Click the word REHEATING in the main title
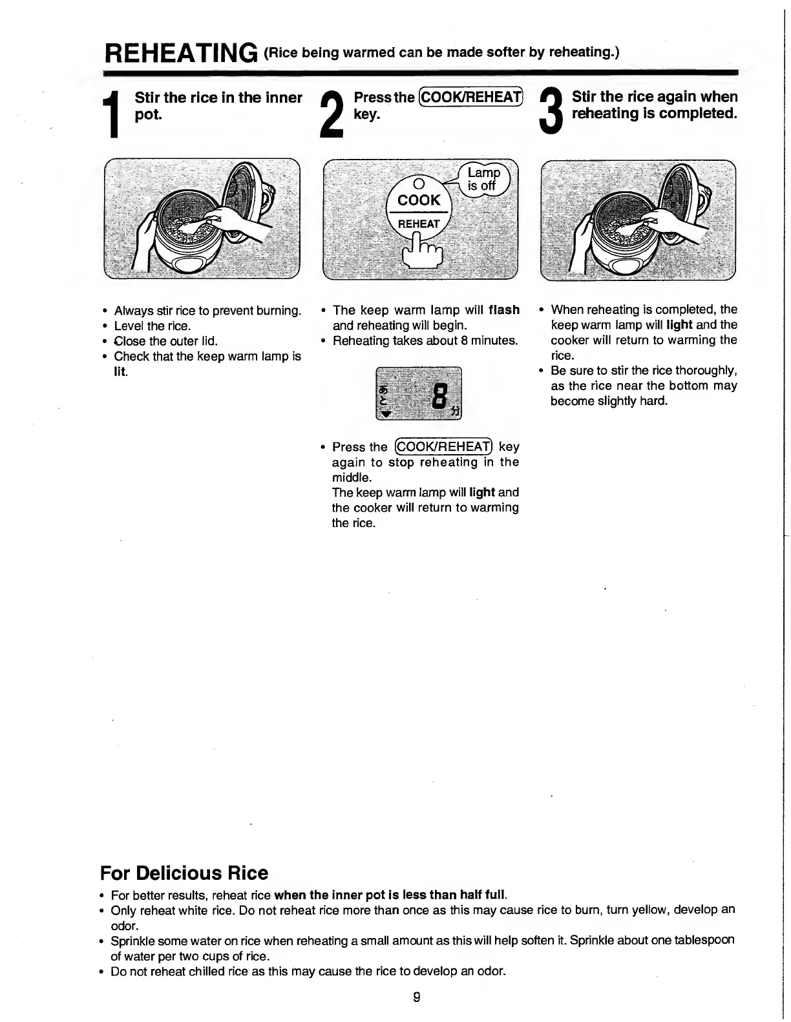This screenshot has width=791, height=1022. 181,52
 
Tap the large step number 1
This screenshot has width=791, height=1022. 114,116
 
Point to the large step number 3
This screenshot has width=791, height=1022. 551,114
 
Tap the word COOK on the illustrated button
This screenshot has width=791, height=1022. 419,200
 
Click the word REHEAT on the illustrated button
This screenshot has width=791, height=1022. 418,224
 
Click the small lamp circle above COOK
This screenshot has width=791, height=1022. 417,183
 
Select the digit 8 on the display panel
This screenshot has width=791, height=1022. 440,396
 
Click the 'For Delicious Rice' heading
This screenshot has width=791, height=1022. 184,873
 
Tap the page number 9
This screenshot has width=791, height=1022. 417,997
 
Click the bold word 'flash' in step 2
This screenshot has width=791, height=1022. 504,310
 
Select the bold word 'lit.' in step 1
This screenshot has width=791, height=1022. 121,372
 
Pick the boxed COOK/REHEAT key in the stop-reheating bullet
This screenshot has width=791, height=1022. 444,447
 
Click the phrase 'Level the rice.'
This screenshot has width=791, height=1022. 153,326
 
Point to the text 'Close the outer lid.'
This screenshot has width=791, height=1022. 165,341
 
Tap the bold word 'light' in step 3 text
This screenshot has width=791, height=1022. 679,325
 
